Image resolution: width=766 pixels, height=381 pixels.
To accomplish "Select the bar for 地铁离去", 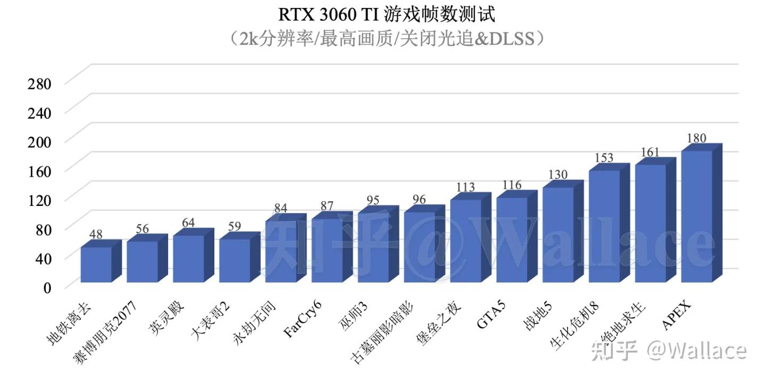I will tap(96, 264).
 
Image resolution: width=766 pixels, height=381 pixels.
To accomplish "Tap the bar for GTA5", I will tap(512, 239).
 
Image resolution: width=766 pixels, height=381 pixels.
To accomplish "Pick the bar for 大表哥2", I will tap(235, 260).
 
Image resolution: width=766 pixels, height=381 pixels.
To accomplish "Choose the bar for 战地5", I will tap(558, 235).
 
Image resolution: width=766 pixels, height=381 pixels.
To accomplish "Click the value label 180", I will tap(696, 138).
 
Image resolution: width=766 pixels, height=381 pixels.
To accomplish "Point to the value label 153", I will tap(604, 158).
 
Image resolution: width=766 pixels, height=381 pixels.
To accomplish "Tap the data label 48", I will tap(96, 234).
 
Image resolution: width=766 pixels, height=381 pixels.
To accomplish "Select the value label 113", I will tap(465, 187).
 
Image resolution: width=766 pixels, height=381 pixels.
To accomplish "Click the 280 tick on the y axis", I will tap(40, 84).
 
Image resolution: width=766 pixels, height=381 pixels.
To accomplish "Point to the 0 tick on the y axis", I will tap(47, 288).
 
